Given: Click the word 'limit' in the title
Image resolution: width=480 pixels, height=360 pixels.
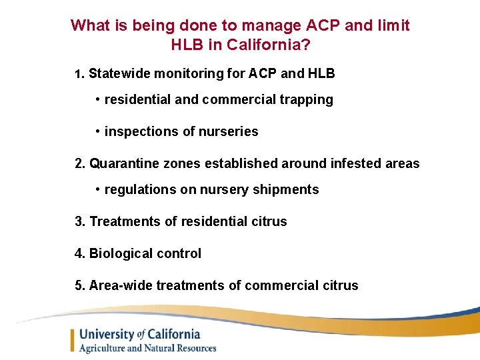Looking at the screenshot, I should (393, 26).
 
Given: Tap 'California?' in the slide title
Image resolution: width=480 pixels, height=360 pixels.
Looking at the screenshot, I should (273, 45).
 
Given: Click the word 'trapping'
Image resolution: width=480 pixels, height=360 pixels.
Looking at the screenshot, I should (307, 99).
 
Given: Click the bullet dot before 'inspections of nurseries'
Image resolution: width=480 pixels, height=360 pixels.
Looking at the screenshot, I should (97, 131).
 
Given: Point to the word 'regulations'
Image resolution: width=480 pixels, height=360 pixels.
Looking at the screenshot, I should (140, 190).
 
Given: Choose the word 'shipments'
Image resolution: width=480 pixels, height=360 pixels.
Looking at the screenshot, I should (289, 190).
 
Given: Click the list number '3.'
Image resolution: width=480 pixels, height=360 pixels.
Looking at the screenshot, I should (80, 221).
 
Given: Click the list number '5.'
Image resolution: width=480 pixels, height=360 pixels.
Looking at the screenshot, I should (80, 285).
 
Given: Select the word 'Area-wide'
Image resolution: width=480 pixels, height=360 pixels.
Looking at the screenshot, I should (121, 285).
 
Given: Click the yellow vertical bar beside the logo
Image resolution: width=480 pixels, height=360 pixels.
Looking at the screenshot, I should (72, 341).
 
